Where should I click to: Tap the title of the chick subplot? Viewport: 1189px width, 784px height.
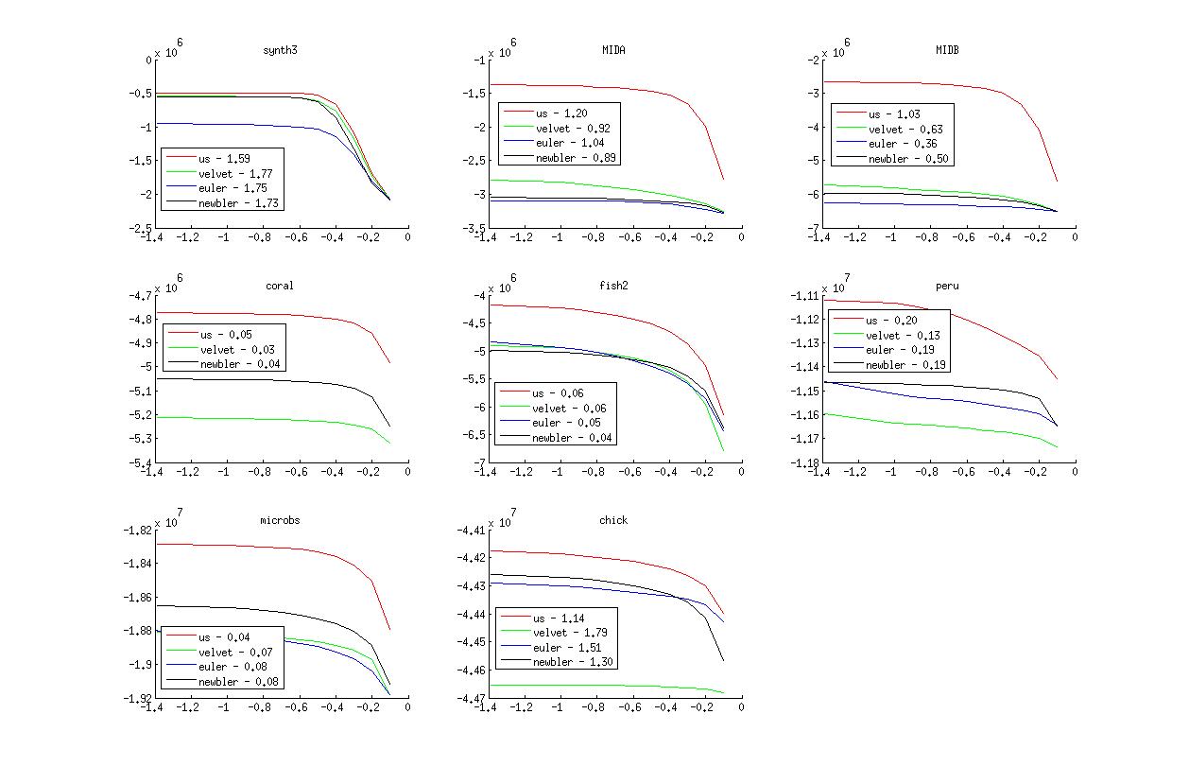[x=613, y=520]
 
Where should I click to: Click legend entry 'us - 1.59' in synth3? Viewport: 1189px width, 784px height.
[x=224, y=158]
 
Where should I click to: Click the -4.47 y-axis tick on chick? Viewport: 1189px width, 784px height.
[x=469, y=698]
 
